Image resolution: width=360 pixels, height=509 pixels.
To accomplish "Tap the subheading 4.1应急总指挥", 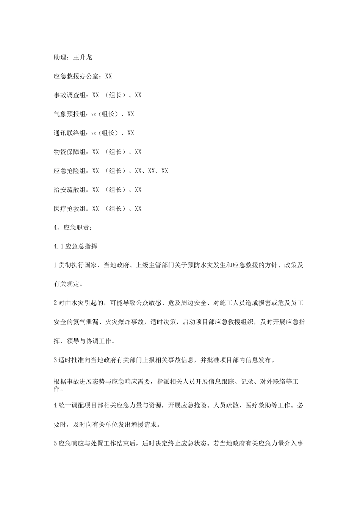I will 75,247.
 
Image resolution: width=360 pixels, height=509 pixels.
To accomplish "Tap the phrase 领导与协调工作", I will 89,341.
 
